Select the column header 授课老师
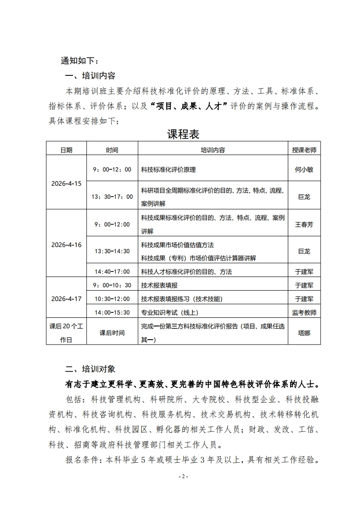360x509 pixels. tap(304, 150)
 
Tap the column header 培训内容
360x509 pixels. tap(212, 150)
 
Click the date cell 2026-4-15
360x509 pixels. tap(66, 184)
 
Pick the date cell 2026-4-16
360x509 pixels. tap(66, 245)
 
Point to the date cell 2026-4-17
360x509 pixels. tap(66, 299)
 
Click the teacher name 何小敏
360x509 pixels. tap(304, 170)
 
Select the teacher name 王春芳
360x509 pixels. tap(304, 224)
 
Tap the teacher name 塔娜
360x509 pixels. tap(304, 333)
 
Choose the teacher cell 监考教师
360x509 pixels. tap(304, 312)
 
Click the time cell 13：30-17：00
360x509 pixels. tap(112, 197)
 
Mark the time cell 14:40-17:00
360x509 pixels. tap(112, 272)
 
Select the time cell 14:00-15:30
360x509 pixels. tap(112, 312)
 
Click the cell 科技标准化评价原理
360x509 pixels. tap(168, 170)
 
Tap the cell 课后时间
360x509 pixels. tap(112, 333)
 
